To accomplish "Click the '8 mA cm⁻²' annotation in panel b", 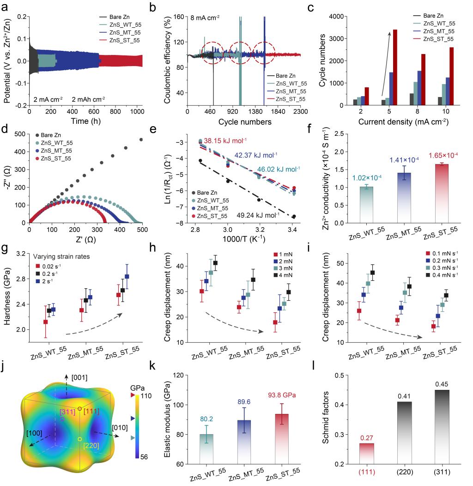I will point(206,18).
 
